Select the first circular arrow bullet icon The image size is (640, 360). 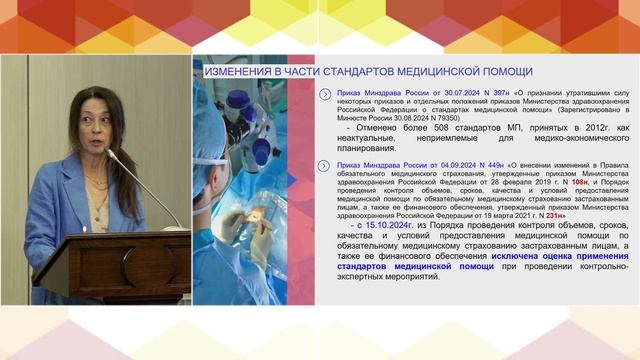pyautogui.click(x=324, y=93)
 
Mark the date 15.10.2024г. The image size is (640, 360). pyautogui.click(x=373, y=227)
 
